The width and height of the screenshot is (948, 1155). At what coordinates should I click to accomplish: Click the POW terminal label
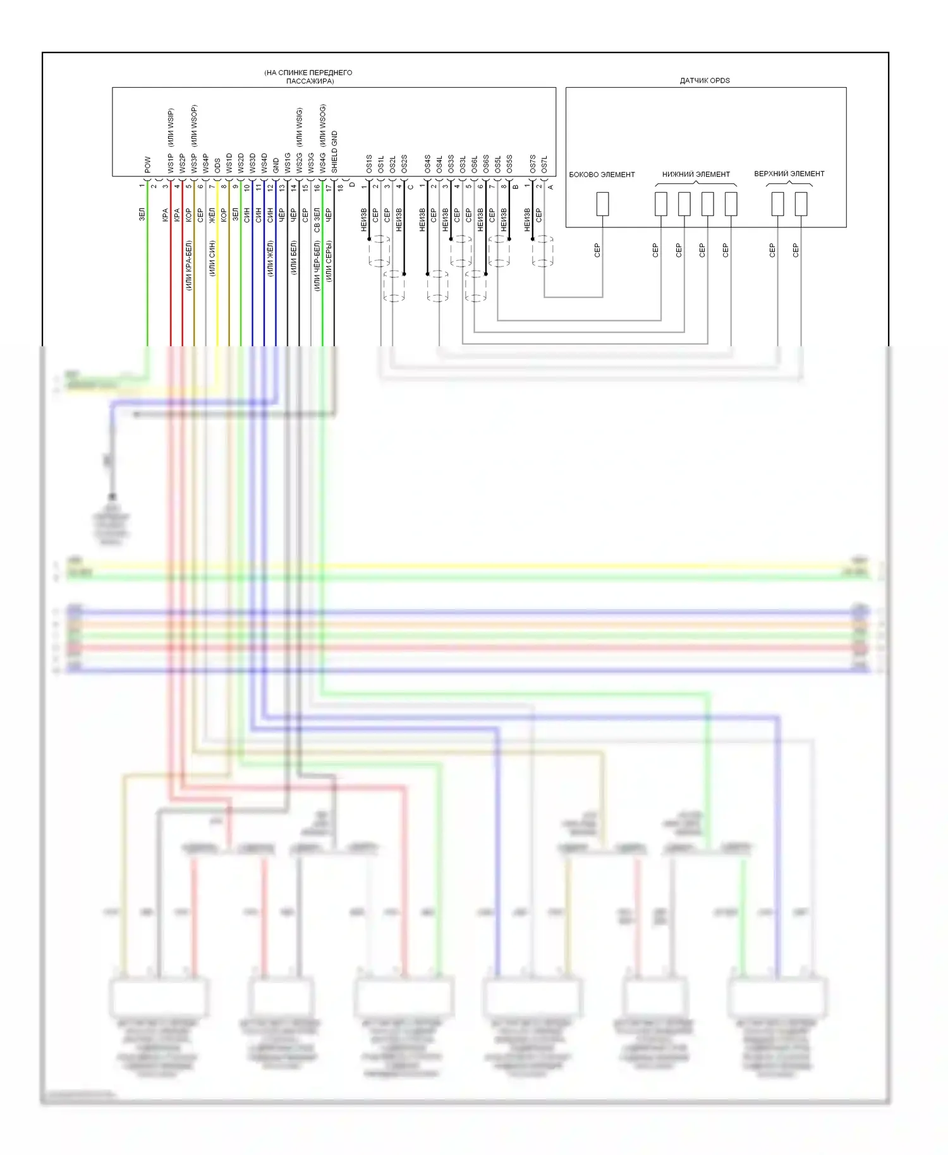pyautogui.click(x=147, y=165)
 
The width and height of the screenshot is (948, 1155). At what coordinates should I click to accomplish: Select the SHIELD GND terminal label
pyautogui.click(x=334, y=152)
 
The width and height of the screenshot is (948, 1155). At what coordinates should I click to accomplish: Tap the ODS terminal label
pyautogui.click(x=217, y=166)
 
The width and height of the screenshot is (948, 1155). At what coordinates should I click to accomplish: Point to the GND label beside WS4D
pyautogui.click(x=276, y=166)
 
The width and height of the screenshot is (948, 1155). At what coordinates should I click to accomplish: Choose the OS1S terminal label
pyautogui.click(x=369, y=164)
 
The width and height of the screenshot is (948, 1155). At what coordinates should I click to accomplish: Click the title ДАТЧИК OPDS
pyautogui.click(x=705, y=81)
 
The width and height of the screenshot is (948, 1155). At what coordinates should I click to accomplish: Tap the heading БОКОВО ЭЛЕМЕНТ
pyautogui.click(x=602, y=175)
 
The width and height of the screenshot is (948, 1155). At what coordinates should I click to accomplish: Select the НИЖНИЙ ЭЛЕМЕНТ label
pyautogui.click(x=696, y=174)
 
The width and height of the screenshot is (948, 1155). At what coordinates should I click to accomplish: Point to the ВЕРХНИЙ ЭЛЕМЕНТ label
pyautogui.click(x=789, y=174)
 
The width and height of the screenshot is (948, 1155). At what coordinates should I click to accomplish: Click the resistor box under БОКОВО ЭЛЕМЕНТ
pyautogui.click(x=603, y=204)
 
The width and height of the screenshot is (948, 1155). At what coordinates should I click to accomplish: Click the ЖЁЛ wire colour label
pyautogui.click(x=212, y=215)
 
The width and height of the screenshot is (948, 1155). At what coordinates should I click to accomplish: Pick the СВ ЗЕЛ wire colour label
pyautogui.click(x=317, y=219)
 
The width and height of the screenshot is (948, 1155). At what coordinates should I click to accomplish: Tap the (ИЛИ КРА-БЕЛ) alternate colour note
pyautogui.click(x=189, y=265)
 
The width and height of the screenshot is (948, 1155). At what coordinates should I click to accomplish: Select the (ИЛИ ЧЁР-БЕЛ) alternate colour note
pyautogui.click(x=317, y=265)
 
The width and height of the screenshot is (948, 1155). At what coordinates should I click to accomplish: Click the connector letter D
pyautogui.click(x=352, y=185)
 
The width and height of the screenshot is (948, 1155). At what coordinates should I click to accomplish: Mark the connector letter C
pyautogui.click(x=410, y=187)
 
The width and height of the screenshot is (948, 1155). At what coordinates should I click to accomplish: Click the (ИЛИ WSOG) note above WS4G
pyautogui.click(x=323, y=125)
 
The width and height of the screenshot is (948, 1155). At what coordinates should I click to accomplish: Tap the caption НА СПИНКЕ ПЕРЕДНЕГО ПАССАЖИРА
pyautogui.click(x=308, y=76)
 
